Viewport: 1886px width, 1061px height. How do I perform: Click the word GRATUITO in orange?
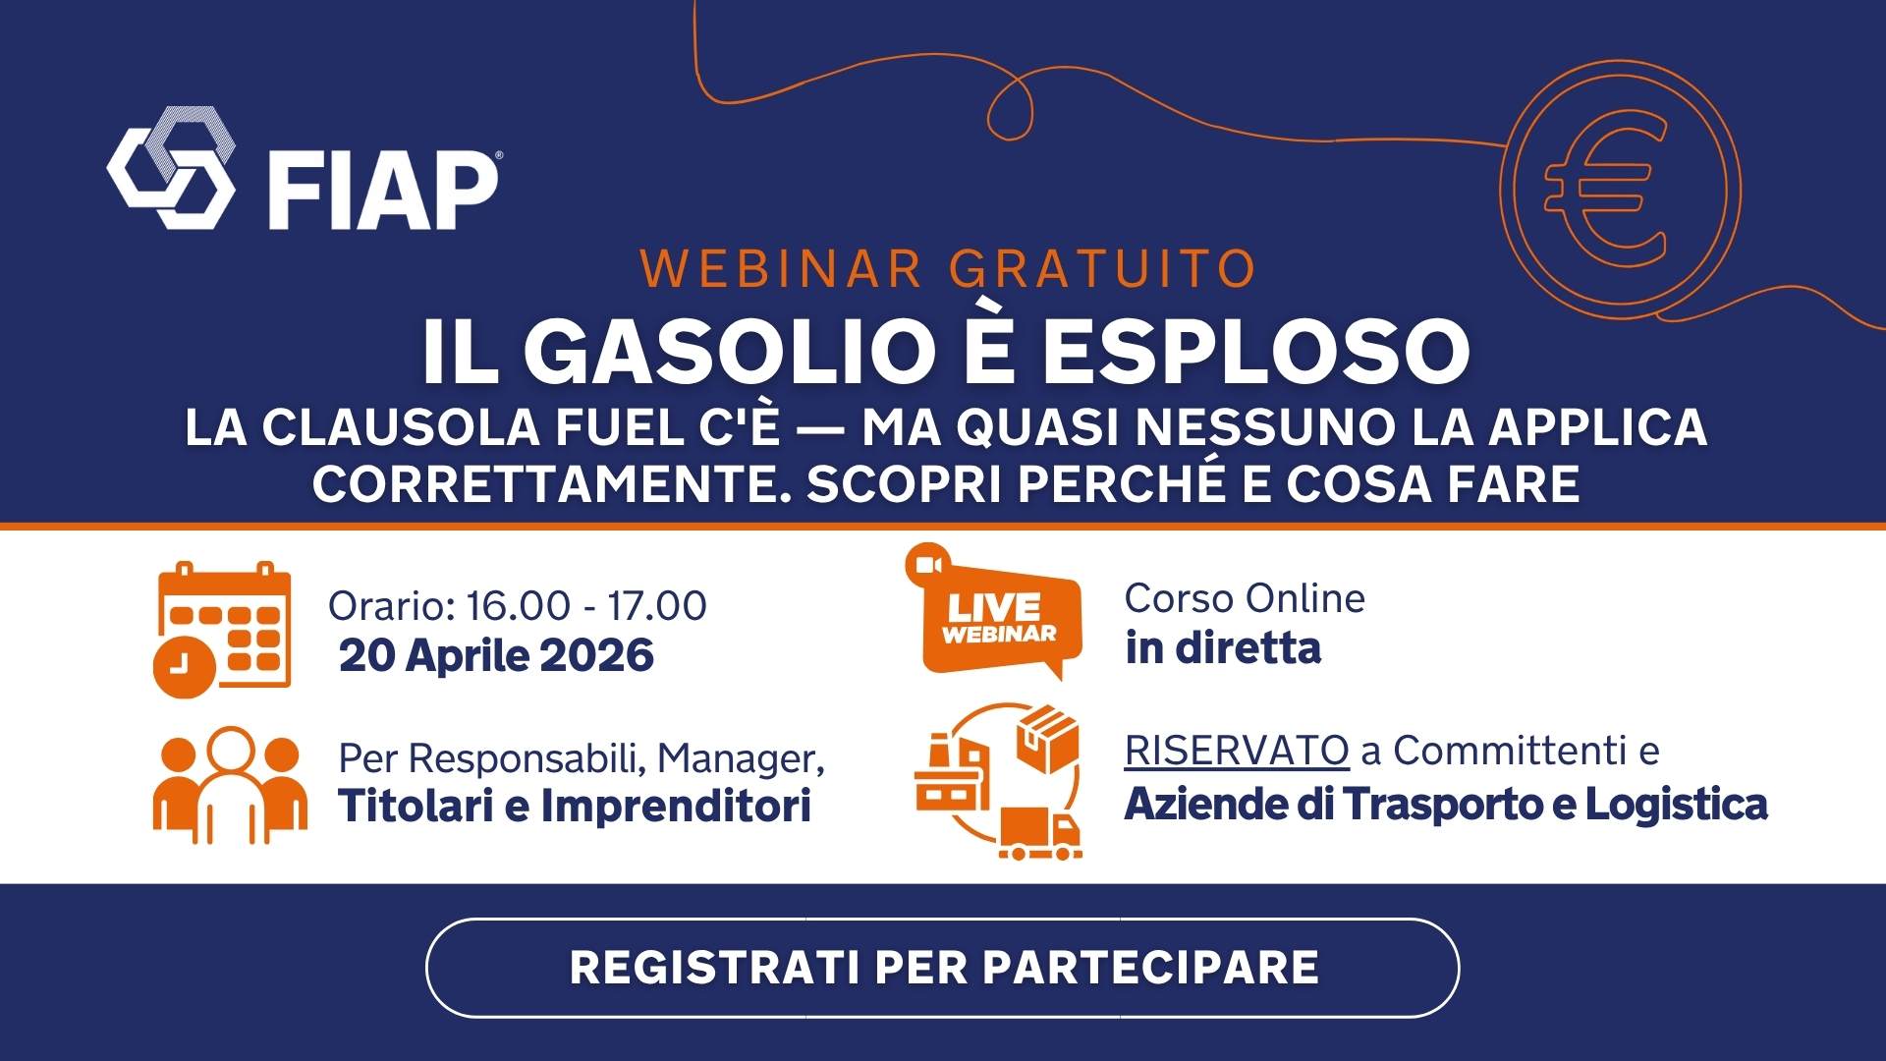1102,269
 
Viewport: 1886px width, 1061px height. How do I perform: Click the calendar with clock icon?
222,630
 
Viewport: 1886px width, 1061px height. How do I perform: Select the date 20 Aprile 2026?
496,655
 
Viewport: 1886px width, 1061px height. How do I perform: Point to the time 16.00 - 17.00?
585,606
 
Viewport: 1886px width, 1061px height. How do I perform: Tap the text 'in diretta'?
1223,648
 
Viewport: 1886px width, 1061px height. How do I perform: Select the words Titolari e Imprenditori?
575,806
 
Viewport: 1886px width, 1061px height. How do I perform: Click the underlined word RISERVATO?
1237,751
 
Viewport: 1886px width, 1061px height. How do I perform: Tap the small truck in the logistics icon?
1039,833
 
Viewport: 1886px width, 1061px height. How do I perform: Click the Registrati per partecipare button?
943,968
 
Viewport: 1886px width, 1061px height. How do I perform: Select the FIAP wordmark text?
383,192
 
